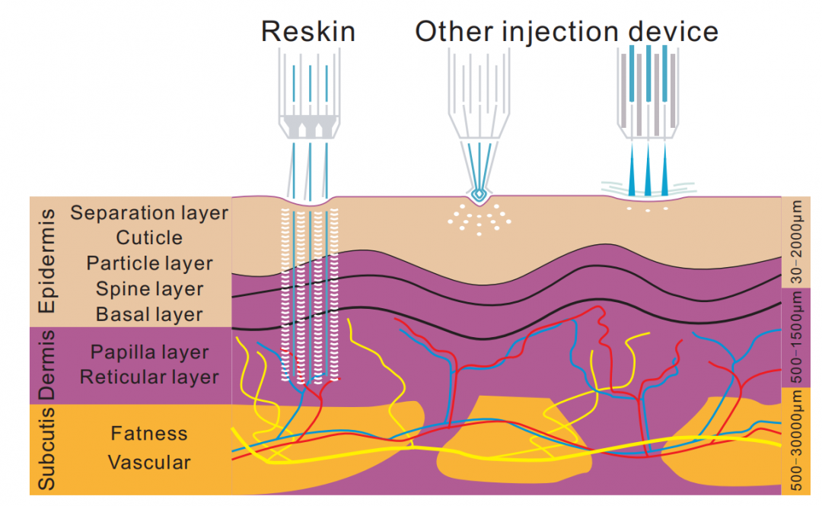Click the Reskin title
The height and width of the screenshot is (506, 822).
coord(308,31)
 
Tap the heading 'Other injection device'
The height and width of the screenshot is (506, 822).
coord(566,31)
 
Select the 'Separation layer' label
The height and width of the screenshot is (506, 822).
coord(149,212)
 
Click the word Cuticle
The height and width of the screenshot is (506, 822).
coord(149,238)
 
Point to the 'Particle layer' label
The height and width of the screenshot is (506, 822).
coord(149,263)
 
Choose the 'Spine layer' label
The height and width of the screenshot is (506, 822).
coord(149,289)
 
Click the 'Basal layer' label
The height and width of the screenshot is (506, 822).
coord(149,314)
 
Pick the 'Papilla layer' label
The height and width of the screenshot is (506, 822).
coord(149,352)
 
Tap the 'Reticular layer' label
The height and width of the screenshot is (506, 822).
coord(149,377)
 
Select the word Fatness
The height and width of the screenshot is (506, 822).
coord(149,434)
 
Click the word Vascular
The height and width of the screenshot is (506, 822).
coord(149,463)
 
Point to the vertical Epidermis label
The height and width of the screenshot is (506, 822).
coord(47,263)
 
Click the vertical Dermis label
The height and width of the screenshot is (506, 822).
coord(47,365)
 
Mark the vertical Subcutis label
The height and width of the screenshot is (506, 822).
coord(47,449)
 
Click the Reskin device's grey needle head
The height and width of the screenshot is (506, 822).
coord(309,127)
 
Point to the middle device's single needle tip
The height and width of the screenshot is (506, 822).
coord(478,194)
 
